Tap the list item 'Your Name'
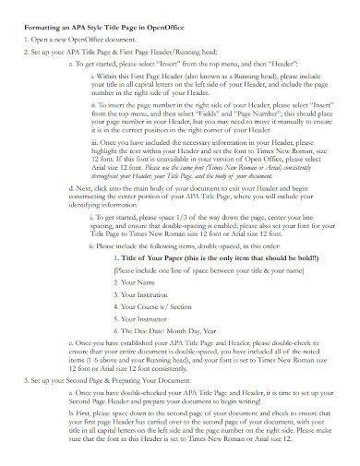pyautogui.click(x=138, y=282)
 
